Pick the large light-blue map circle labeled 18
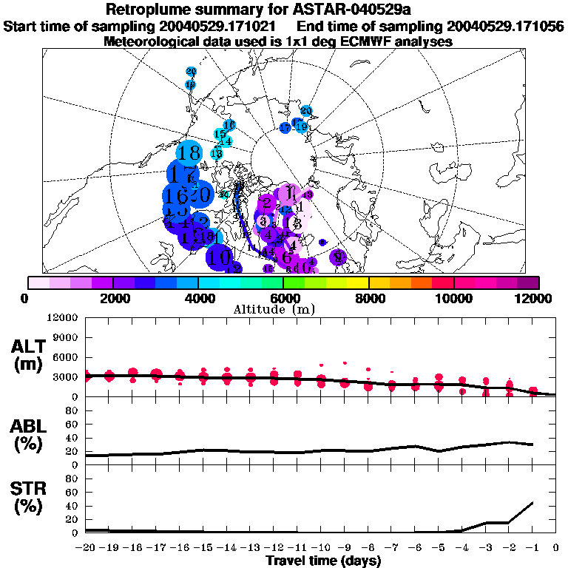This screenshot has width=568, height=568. click(x=189, y=153)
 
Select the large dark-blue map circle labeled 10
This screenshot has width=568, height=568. click(x=220, y=257)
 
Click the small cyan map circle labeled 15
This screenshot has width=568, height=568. click(x=220, y=134)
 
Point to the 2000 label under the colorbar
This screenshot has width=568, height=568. click(x=112, y=298)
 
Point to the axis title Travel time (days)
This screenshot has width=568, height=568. click(x=323, y=561)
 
